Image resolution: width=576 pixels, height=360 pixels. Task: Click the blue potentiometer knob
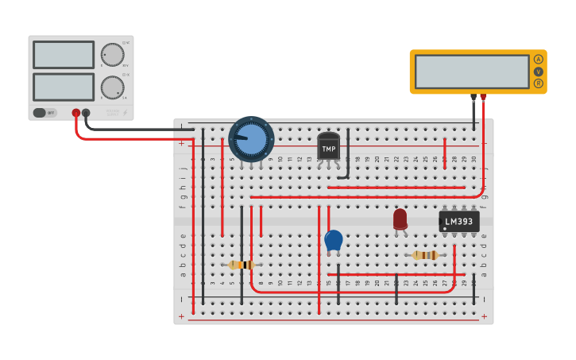tap(251, 139)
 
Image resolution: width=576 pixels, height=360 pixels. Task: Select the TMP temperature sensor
tap(328, 147)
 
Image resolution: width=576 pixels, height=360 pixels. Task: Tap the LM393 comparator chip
tap(459, 222)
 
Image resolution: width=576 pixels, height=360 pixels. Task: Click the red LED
tap(400, 219)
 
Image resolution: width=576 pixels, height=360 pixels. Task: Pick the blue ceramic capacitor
tap(334, 239)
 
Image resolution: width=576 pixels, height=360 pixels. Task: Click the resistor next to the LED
tap(425, 255)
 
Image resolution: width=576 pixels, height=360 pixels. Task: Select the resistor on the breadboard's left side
tap(242, 265)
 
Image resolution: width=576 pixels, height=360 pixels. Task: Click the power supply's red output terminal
tap(76, 113)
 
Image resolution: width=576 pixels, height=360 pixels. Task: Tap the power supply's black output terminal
tap(87, 113)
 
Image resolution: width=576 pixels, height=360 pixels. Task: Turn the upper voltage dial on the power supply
tap(112, 55)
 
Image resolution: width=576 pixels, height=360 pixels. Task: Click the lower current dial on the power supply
tap(112, 87)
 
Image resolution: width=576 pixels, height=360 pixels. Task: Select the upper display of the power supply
tap(64, 55)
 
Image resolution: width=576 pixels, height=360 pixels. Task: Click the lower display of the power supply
tap(64, 87)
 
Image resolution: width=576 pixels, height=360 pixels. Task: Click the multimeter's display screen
tap(472, 72)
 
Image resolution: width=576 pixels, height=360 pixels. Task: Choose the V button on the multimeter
tap(539, 72)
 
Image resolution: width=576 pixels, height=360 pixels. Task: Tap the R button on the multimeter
tap(539, 83)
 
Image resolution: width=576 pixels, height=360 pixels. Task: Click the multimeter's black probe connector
tap(474, 97)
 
